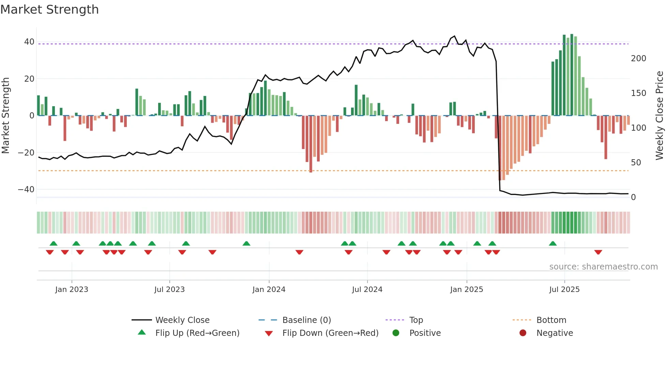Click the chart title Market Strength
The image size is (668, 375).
pyautogui.click(x=49, y=10)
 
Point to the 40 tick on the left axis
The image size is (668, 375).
pyautogui.click(x=29, y=42)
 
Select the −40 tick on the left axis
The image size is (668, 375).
pyautogui.click(x=26, y=189)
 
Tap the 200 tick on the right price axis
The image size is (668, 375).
pyautogui.click(x=638, y=59)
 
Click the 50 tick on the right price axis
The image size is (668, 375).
pyautogui.click(x=636, y=163)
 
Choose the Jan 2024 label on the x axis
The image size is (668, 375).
pyautogui.click(x=269, y=290)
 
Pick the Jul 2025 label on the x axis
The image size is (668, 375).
pyautogui.click(x=564, y=290)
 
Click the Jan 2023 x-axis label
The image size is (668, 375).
pyautogui.click(x=72, y=290)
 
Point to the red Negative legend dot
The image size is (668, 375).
pyautogui.click(x=522, y=333)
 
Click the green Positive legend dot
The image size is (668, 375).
pyautogui.click(x=396, y=333)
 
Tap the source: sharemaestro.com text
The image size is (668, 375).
pyautogui.click(x=603, y=267)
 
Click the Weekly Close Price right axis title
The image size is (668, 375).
pyautogui.click(x=659, y=116)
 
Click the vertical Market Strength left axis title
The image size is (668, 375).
pyautogui.click(x=5, y=116)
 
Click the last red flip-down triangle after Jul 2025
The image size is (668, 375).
pyautogui.click(x=598, y=252)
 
